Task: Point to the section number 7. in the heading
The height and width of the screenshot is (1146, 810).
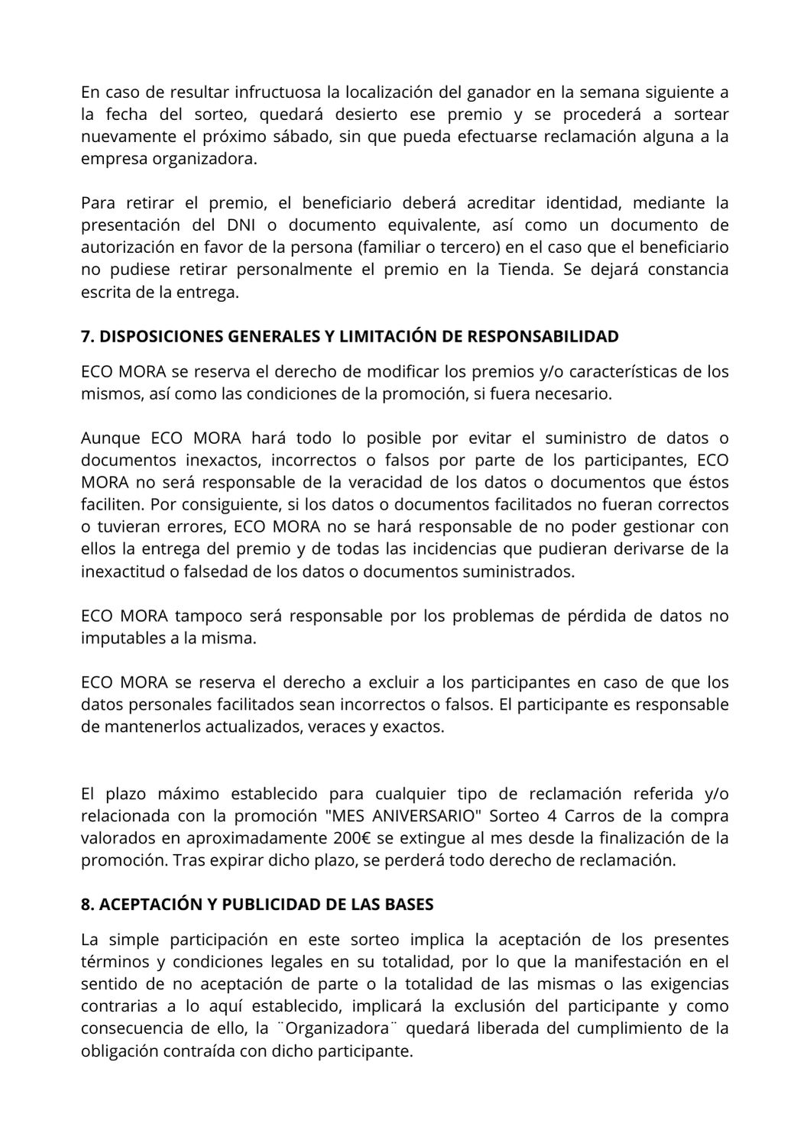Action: (88, 337)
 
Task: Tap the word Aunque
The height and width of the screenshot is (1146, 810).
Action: (110, 439)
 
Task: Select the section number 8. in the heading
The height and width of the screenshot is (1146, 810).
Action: (88, 905)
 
